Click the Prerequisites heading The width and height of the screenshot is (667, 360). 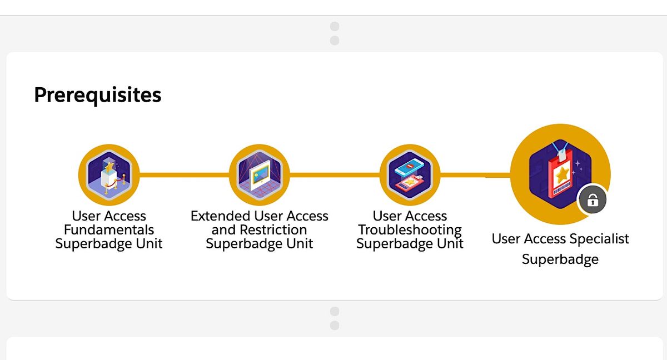tap(98, 95)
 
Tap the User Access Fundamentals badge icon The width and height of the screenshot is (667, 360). tap(109, 175)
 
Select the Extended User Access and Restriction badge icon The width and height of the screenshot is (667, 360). tap(260, 175)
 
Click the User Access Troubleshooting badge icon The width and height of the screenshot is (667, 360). tap(410, 175)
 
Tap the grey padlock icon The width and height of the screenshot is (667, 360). tap(593, 200)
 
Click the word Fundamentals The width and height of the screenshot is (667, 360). tap(109, 229)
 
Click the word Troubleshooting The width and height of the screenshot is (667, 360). tap(410, 229)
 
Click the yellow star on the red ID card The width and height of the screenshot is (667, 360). tap(563, 175)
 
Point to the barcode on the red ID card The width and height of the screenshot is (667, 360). tap(561, 189)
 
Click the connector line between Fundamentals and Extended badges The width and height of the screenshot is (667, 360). tap(185, 175)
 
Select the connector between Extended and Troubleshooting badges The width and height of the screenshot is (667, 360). tap(335, 175)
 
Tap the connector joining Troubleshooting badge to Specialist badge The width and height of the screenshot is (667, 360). tap(476, 175)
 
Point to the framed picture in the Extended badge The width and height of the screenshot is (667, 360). tap(260, 175)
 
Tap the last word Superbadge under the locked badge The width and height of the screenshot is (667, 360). tap(560, 259)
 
